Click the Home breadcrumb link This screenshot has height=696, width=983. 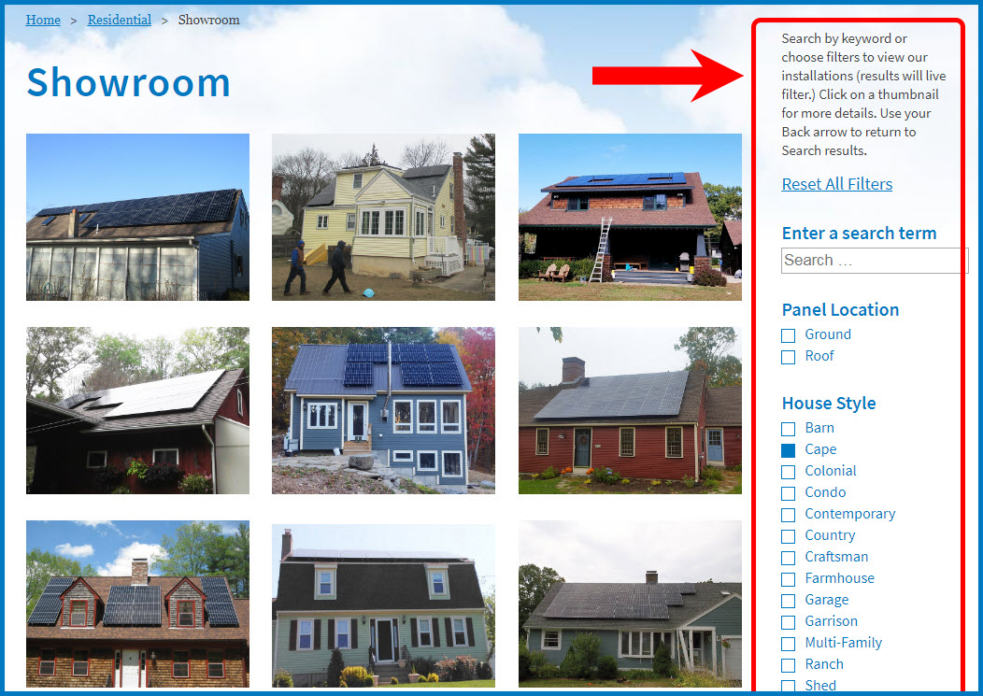(43, 20)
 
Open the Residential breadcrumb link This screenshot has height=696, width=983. (119, 20)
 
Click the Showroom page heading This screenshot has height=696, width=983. (129, 82)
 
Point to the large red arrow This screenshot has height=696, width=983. (668, 76)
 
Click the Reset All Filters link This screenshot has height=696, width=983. (837, 184)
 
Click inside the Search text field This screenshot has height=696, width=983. (874, 261)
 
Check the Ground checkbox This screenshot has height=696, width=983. (788, 335)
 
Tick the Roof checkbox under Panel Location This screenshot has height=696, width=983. (788, 357)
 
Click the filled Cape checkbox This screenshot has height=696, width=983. (788, 450)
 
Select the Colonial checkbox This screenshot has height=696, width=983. (788, 472)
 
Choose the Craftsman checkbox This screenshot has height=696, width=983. (788, 558)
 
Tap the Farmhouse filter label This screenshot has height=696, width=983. (839, 578)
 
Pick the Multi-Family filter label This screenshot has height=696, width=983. (843, 643)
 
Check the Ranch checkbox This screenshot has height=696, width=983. (788, 664)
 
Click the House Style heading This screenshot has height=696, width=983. (829, 404)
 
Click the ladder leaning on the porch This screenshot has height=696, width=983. (600, 249)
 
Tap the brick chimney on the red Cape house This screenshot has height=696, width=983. (573, 370)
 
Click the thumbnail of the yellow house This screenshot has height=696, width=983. (384, 217)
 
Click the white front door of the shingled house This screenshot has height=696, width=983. (130, 667)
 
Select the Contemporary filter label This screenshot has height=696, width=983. (850, 514)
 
